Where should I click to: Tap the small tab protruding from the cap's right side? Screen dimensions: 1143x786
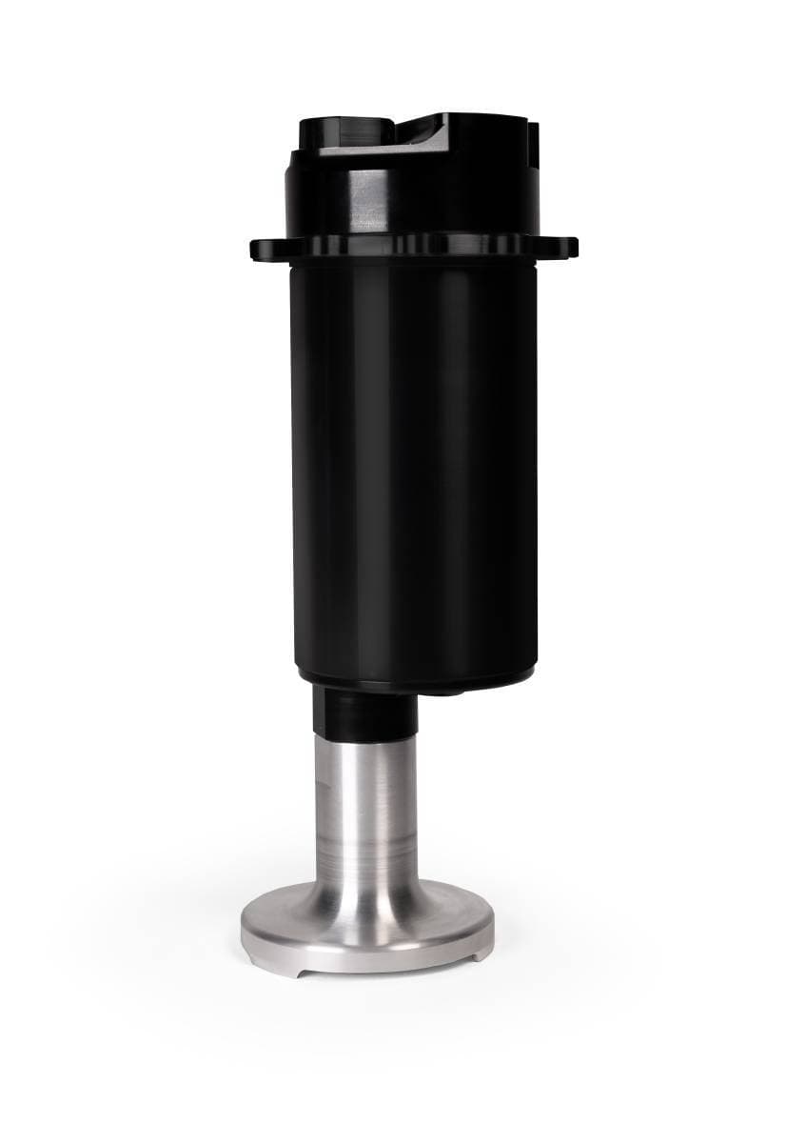pos(534,143)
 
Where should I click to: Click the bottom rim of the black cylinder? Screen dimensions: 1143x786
pos(414,678)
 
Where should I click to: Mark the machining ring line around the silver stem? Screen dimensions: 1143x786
pos(365,838)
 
